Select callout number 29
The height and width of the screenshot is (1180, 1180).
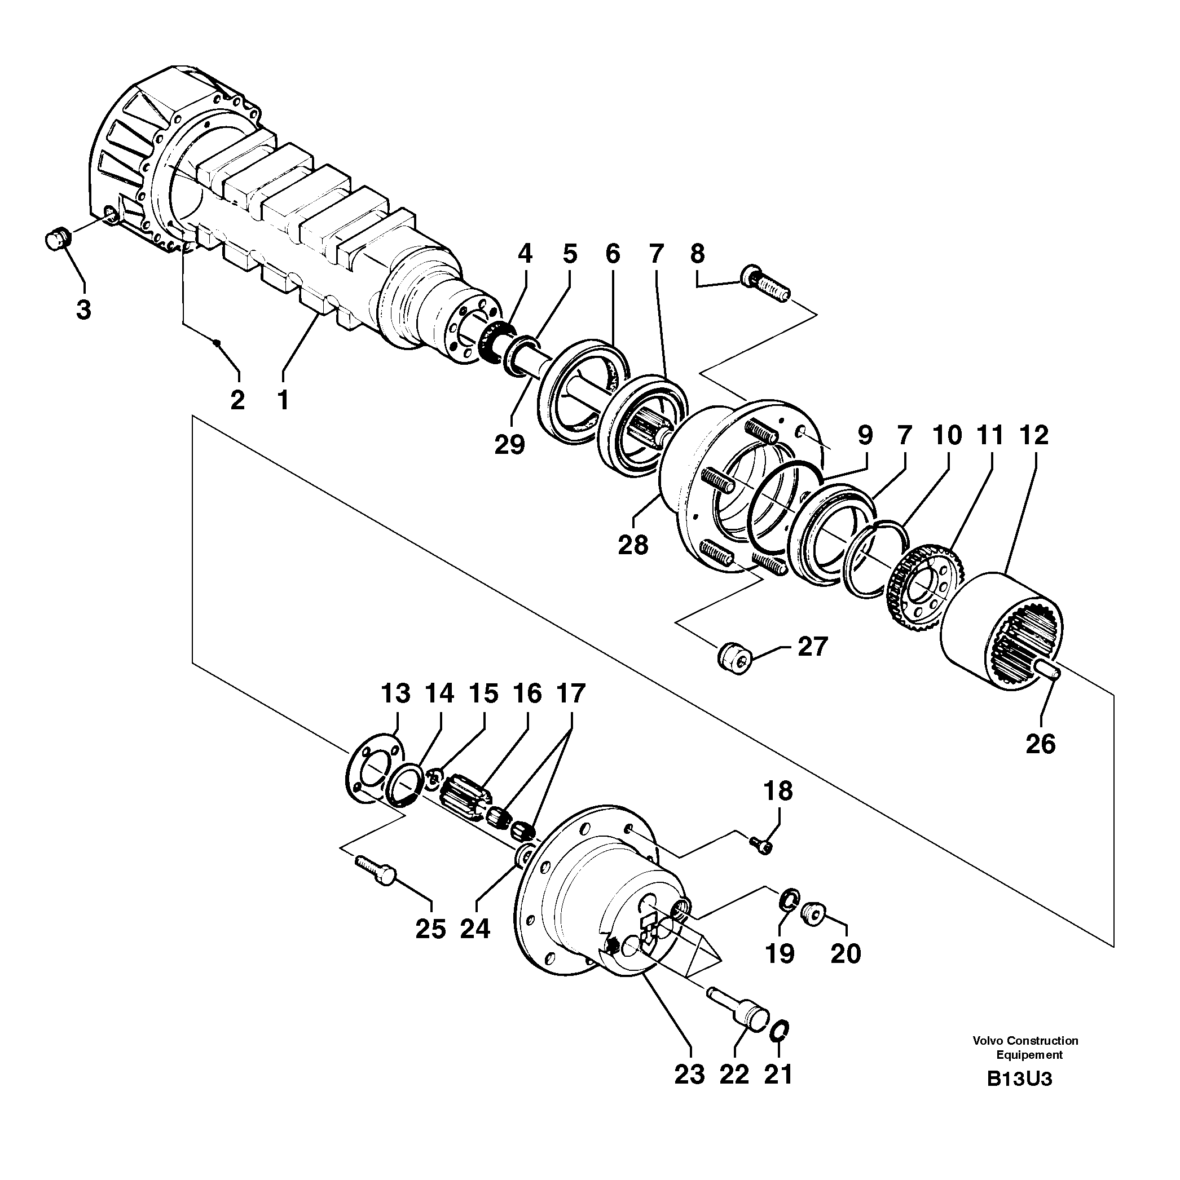[510, 444]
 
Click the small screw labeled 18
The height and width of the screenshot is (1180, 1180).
[761, 845]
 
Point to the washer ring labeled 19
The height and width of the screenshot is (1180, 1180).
[790, 900]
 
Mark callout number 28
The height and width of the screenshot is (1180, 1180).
[633, 544]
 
